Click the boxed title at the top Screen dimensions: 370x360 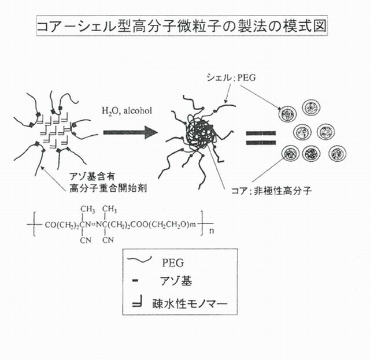click(x=182, y=25)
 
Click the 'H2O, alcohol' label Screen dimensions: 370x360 click(x=127, y=111)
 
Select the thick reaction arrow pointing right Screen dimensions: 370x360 click(x=131, y=132)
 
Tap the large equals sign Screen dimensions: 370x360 click(x=261, y=138)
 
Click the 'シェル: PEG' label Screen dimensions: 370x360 click(x=231, y=77)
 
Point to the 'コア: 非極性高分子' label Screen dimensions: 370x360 click(x=271, y=190)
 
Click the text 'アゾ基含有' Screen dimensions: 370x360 click(x=92, y=176)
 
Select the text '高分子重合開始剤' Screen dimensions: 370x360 click(x=108, y=188)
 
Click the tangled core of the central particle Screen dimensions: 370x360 click(x=201, y=133)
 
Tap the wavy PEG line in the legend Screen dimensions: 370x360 click(x=139, y=259)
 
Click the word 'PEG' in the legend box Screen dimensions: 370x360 click(x=173, y=263)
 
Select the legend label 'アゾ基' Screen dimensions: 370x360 click(x=176, y=281)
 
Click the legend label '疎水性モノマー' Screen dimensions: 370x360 click(x=190, y=303)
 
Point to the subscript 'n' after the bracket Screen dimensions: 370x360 click(x=212, y=231)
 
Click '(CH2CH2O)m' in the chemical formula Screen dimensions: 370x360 click(x=172, y=225)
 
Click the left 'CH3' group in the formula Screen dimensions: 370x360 click(x=87, y=209)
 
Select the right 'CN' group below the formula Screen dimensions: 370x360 click(x=108, y=240)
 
